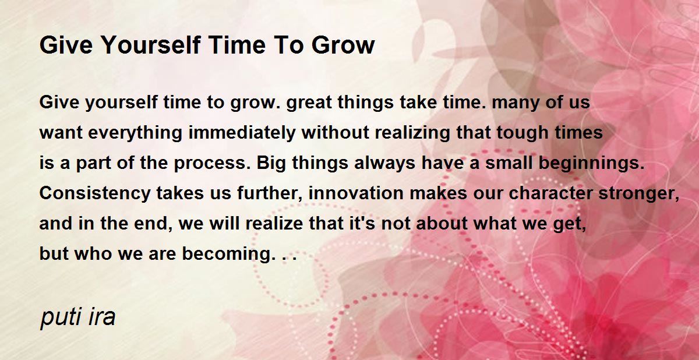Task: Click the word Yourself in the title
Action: pyautogui.click(x=151, y=45)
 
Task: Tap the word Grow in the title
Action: pyautogui.click(x=343, y=45)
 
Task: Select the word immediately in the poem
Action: pyautogui.click(x=242, y=133)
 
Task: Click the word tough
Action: pyautogui.click(x=523, y=133)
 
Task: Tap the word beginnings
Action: pyautogui.click(x=592, y=163)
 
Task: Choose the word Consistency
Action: pyautogui.click(x=95, y=193)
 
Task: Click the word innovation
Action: pyautogui.click(x=356, y=193)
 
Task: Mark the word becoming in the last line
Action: pyautogui.click(x=229, y=253)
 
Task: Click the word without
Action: pyautogui.click(x=335, y=133)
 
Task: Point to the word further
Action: pyautogui.click(x=270, y=193)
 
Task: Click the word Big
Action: pyautogui.click(x=271, y=164)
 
